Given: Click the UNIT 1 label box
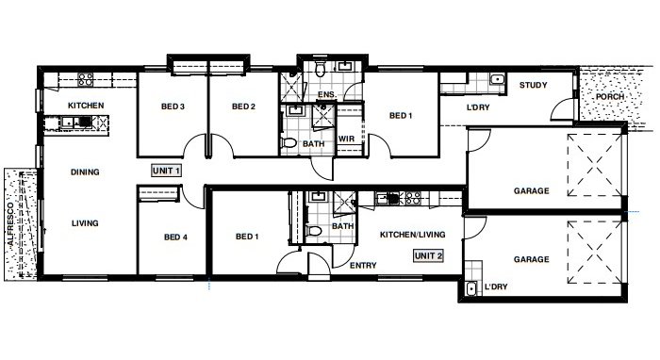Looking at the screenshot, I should click(x=166, y=170).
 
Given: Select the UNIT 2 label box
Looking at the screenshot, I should click(x=427, y=254).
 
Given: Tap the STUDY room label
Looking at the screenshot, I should click(x=534, y=86).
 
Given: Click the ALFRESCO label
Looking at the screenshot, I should click(x=12, y=221).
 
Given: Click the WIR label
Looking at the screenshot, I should click(x=345, y=139).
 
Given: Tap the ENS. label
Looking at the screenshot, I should click(x=327, y=95).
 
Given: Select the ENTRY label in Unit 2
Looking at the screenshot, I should click(x=363, y=266).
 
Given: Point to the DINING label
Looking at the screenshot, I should click(x=86, y=172).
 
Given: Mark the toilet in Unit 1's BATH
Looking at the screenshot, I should click(x=289, y=142).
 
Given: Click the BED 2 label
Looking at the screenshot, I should click(x=244, y=106).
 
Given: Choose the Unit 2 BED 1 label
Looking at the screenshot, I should click(x=247, y=237).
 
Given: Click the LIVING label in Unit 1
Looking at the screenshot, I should click(x=86, y=223).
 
